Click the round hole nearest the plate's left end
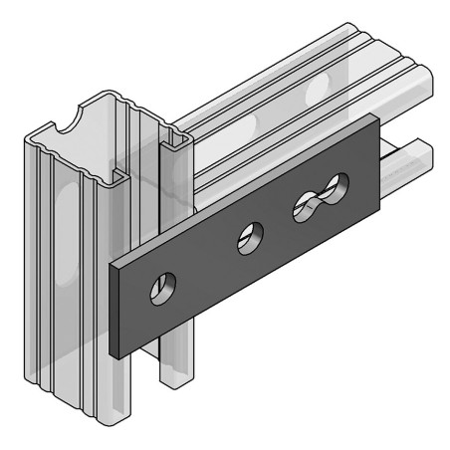point(160,289)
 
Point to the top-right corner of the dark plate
point(379,118)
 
